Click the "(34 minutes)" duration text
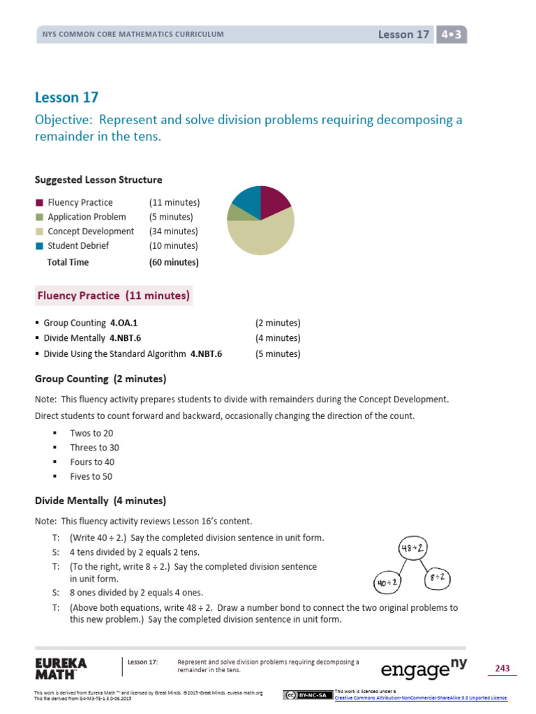[x=173, y=231]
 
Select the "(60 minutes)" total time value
[x=174, y=262]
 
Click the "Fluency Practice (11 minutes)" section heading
[x=113, y=296]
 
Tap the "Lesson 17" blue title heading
[x=67, y=98]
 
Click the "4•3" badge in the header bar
[x=451, y=34]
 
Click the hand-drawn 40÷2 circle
[x=387, y=582]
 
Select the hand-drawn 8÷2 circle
[x=438, y=577]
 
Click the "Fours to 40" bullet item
[x=92, y=462]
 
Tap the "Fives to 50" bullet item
[x=91, y=477]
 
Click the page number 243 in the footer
[x=502, y=669]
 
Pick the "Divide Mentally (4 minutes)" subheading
[x=100, y=501]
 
